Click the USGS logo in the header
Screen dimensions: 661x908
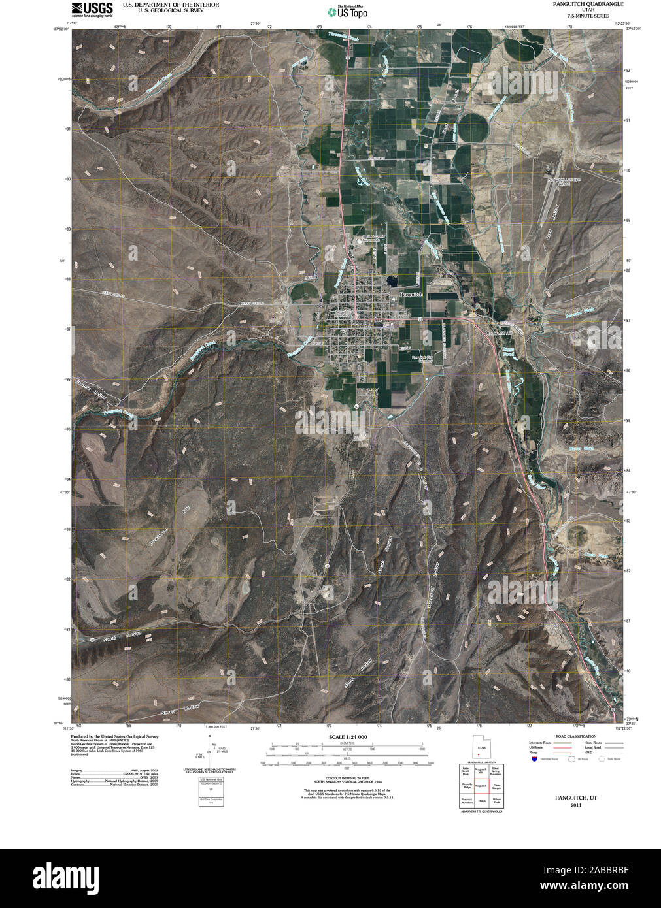(x=92, y=8)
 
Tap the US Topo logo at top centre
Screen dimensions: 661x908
(x=347, y=11)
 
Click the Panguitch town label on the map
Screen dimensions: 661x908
(x=411, y=295)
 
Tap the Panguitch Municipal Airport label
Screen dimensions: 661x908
(x=560, y=182)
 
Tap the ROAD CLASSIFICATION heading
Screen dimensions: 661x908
(x=575, y=736)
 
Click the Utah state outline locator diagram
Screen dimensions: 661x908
(x=481, y=747)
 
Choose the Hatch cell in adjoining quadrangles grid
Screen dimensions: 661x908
(x=481, y=800)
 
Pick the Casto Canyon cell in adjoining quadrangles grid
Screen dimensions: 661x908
(x=496, y=785)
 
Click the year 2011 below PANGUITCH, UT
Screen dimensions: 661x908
(x=575, y=805)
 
